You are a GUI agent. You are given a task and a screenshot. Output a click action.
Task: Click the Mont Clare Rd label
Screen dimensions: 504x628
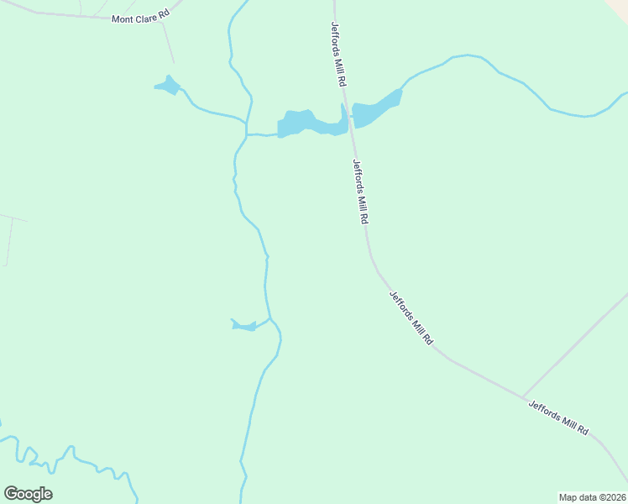click(140, 16)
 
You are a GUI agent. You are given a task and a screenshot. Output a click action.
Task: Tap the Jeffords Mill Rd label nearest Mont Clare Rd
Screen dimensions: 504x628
click(339, 55)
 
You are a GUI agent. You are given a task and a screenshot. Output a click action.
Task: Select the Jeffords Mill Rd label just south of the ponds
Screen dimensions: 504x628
click(361, 192)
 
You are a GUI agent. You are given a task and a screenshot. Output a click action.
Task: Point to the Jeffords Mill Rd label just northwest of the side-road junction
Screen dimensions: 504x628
click(411, 318)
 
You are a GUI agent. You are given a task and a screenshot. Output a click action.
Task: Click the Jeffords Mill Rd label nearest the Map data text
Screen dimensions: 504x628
click(557, 417)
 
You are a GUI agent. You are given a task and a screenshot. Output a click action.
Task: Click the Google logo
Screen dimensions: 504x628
click(28, 494)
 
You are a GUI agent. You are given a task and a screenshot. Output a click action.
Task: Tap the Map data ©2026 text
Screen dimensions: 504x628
click(592, 497)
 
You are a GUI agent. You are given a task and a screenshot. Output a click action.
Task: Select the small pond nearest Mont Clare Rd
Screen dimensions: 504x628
click(167, 86)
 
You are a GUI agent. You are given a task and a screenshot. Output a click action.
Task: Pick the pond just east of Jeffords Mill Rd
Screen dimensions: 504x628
click(374, 110)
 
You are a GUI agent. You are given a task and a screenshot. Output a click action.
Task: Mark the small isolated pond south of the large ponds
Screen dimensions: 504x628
click(244, 325)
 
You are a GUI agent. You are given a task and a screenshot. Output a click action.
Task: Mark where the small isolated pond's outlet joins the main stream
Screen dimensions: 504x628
click(270, 318)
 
